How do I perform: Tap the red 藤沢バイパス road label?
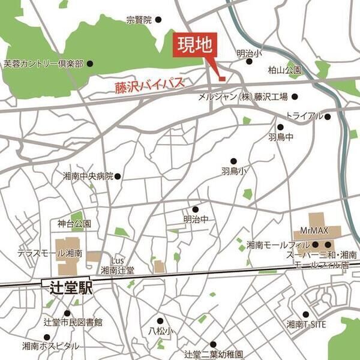coord(149,87)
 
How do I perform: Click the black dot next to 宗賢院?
coord(158,20)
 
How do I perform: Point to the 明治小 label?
coord(249,53)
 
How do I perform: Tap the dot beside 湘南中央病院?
coord(118,176)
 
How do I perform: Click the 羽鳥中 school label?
coord(280,137)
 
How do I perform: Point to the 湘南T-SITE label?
coord(306,325)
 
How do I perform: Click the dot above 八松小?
coord(160,321)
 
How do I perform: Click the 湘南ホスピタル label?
coord(50,346)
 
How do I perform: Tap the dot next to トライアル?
coord(328,116)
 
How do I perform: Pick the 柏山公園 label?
coord(284,70)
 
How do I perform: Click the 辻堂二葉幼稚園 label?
coord(213,354)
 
